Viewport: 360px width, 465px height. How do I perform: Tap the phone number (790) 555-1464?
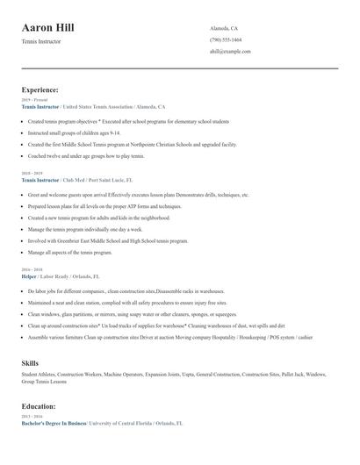coord(226,40)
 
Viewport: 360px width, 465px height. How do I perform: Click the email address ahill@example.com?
coord(230,52)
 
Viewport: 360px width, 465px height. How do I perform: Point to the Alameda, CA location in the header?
coord(223,29)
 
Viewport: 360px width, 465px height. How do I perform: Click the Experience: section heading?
coord(40,89)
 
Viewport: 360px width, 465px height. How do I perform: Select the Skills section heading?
coord(29,362)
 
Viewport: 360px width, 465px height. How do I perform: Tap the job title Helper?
coord(29,276)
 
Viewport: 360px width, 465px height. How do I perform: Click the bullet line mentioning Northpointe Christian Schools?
coord(132,144)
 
